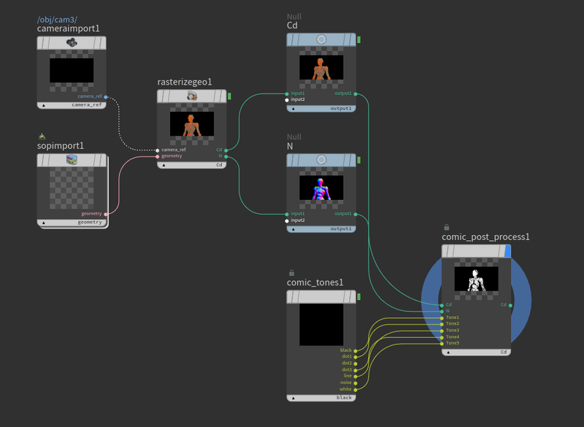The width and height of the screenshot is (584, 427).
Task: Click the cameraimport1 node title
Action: (x=68, y=28)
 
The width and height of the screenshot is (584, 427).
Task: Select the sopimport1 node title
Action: (x=61, y=145)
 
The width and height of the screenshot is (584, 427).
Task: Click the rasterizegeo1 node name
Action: (x=184, y=82)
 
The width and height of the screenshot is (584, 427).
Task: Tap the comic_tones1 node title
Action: (x=315, y=282)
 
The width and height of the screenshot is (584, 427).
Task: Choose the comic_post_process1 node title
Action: (x=485, y=236)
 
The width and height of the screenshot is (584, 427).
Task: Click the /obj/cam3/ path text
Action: (x=57, y=18)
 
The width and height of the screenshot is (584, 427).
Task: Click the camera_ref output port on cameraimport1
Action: (x=106, y=96)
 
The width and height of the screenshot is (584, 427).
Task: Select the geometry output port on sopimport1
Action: (x=107, y=214)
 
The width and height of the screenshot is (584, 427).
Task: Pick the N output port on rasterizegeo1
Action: (x=227, y=156)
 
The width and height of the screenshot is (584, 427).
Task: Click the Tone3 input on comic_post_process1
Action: (x=442, y=331)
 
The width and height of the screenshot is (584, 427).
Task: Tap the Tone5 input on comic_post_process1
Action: (x=442, y=343)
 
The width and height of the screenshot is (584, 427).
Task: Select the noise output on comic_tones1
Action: (x=356, y=382)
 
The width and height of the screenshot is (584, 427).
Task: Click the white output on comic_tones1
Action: (x=356, y=389)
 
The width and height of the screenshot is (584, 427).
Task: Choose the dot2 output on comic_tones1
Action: (x=356, y=363)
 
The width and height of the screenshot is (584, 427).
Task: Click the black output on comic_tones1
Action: (x=356, y=350)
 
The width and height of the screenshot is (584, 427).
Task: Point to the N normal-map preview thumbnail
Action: (x=321, y=188)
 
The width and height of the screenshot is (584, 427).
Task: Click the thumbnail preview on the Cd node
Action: (x=321, y=68)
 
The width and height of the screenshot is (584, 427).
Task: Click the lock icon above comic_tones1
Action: (x=292, y=272)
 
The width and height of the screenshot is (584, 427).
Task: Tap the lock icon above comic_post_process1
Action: (x=447, y=227)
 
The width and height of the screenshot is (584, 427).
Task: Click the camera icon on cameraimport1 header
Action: (x=72, y=43)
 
